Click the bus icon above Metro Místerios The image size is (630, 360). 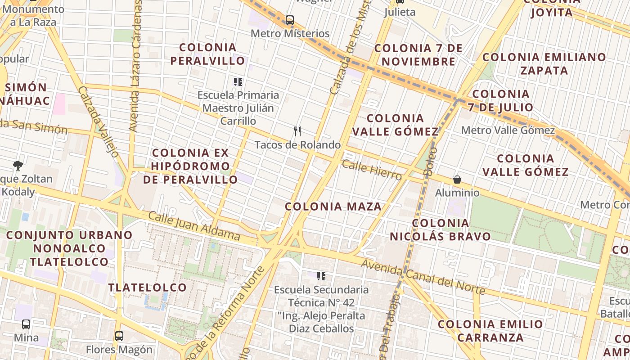(x=290, y=20)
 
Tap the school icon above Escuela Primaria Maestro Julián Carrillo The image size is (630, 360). (x=238, y=82)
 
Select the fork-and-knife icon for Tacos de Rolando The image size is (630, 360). (x=297, y=131)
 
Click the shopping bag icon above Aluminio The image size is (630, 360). (x=457, y=180)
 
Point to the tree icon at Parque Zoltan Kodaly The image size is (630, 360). (x=18, y=165)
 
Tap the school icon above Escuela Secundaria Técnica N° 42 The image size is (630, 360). (x=321, y=276)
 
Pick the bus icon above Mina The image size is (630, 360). (x=26, y=324)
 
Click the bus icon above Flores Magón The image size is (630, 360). (x=119, y=336)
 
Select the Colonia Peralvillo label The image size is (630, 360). (x=208, y=54)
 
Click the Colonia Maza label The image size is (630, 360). (x=333, y=207)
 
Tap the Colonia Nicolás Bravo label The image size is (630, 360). (x=440, y=230)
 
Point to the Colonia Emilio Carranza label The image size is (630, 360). (x=490, y=331)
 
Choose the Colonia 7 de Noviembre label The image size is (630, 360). (x=418, y=54)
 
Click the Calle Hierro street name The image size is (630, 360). (x=371, y=170)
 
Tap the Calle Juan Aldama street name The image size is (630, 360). (x=194, y=225)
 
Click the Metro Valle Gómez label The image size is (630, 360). (x=508, y=130)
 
